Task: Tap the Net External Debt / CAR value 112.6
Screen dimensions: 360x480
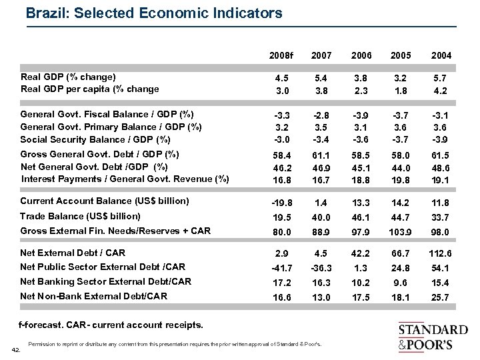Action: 441,253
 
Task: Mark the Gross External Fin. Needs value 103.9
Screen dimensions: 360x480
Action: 403,231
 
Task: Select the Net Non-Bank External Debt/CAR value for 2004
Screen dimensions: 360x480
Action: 441,296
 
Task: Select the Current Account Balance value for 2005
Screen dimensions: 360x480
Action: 403,201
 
